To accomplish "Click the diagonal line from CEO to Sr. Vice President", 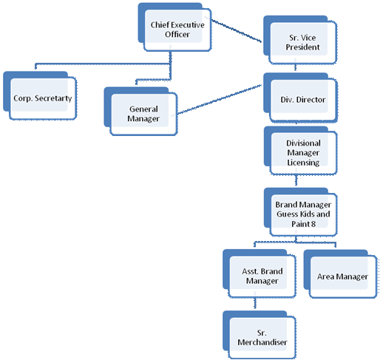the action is [237, 31].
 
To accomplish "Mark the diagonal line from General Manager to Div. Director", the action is [220, 99].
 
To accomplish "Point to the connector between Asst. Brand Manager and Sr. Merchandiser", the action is [255, 303].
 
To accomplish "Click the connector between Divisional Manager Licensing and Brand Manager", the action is [296, 180].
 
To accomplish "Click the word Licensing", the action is [303, 163].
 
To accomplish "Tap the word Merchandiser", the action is [262, 342].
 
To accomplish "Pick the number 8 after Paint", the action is [313, 224].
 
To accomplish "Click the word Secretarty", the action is [53, 98].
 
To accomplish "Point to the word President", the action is [303, 47].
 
